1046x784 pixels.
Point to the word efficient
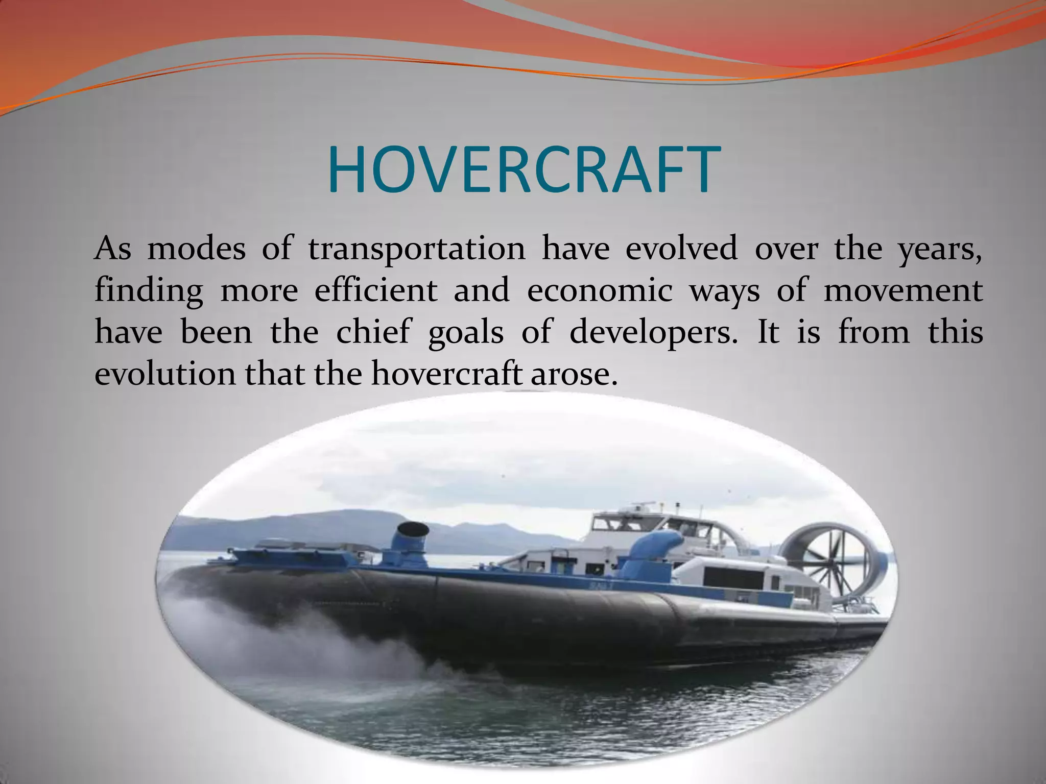pos(376,290)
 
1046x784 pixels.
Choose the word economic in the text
pos(600,290)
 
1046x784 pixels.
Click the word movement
pos(903,290)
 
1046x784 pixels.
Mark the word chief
pos(373,332)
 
